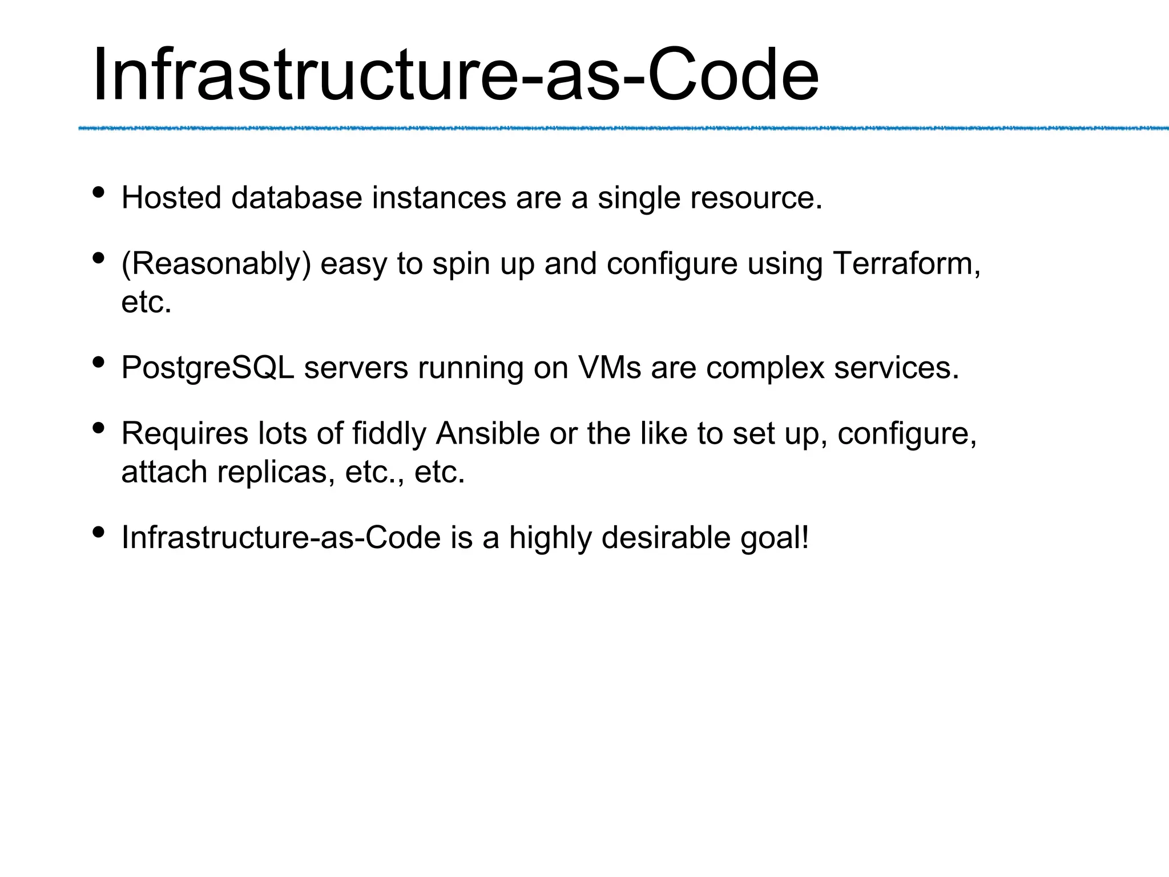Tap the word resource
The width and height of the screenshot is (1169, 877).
[x=756, y=198]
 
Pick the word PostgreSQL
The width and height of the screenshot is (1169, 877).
[x=208, y=368]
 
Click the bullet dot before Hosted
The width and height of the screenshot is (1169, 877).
[x=98, y=192]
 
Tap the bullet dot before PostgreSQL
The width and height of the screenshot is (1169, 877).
[x=98, y=362]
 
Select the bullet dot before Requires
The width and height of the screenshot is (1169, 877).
[x=98, y=428]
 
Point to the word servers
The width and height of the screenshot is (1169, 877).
[x=356, y=368]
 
